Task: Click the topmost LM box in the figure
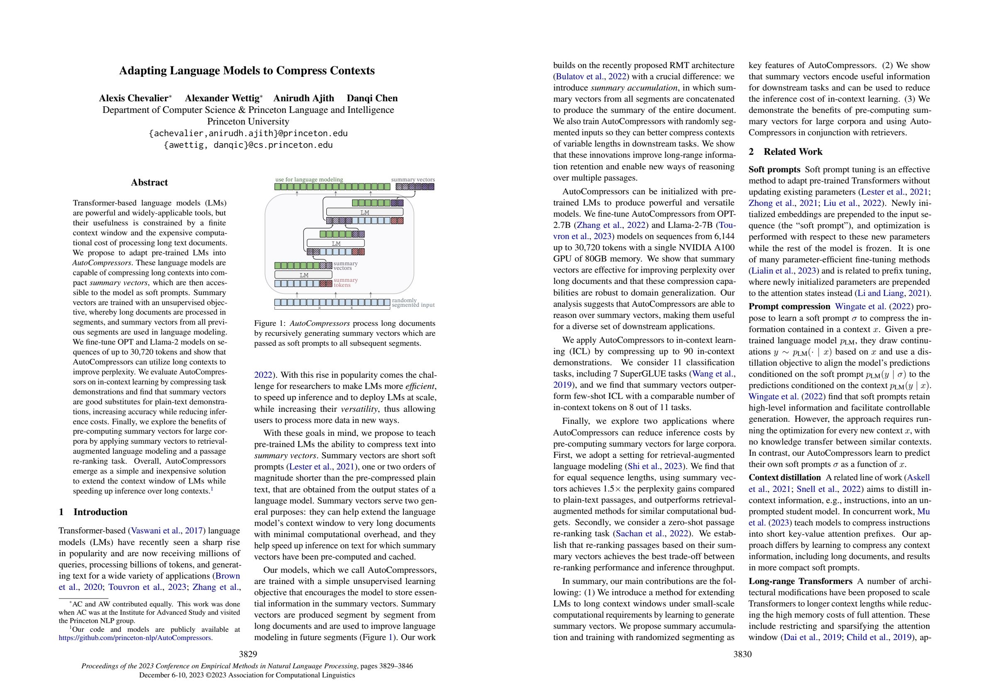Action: pos(365,212)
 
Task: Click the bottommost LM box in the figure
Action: pos(304,275)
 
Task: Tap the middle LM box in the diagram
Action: pos(335,243)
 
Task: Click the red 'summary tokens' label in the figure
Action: pos(345,283)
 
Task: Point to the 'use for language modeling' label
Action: pos(309,179)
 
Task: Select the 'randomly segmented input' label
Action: pos(413,303)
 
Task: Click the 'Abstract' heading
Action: pos(149,182)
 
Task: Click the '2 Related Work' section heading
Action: pos(785,152)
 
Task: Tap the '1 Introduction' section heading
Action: pos(93,512)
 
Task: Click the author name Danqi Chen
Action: pos(372,98)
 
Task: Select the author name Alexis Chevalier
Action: pos(133,98)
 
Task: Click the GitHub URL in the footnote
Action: pos(135,638)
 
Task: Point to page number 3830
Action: pos(742,654)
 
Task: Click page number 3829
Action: pos(248,654)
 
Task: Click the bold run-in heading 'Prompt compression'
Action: pos(789,307)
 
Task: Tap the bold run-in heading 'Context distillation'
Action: pos(784,477)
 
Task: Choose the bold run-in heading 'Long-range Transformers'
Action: pos(800,581)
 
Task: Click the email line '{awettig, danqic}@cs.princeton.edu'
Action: pos(248,145)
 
